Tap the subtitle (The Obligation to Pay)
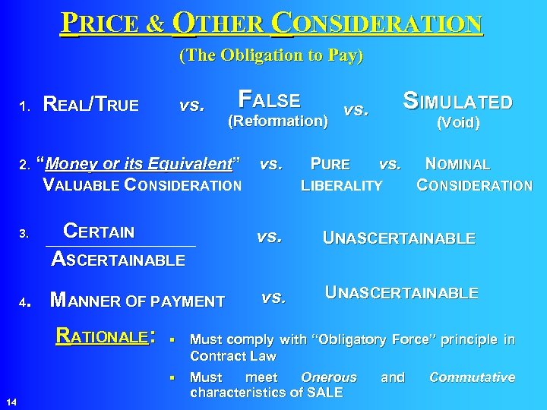point(271,55)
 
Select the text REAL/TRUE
point(91,105)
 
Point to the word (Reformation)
point(278,121)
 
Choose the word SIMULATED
point(458,102)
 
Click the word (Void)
point(457,123)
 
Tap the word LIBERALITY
point(342,184)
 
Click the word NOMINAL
point(457,164)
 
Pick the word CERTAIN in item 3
point(99,232)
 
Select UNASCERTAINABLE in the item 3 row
point(400,238)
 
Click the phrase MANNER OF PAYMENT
point(137,301)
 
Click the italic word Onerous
point(328,377)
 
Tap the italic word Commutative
point(472,377)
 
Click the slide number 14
point(11,400)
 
